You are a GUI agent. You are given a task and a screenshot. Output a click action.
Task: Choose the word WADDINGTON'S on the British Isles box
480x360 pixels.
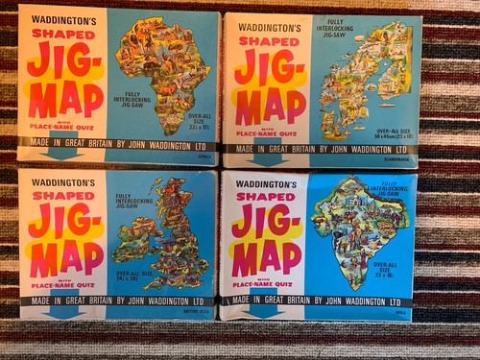click(63, 181)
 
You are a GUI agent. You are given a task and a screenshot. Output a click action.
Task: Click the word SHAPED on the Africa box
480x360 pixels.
click(63, 36)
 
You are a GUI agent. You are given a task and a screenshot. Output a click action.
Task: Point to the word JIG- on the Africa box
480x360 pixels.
click(61, 61)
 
